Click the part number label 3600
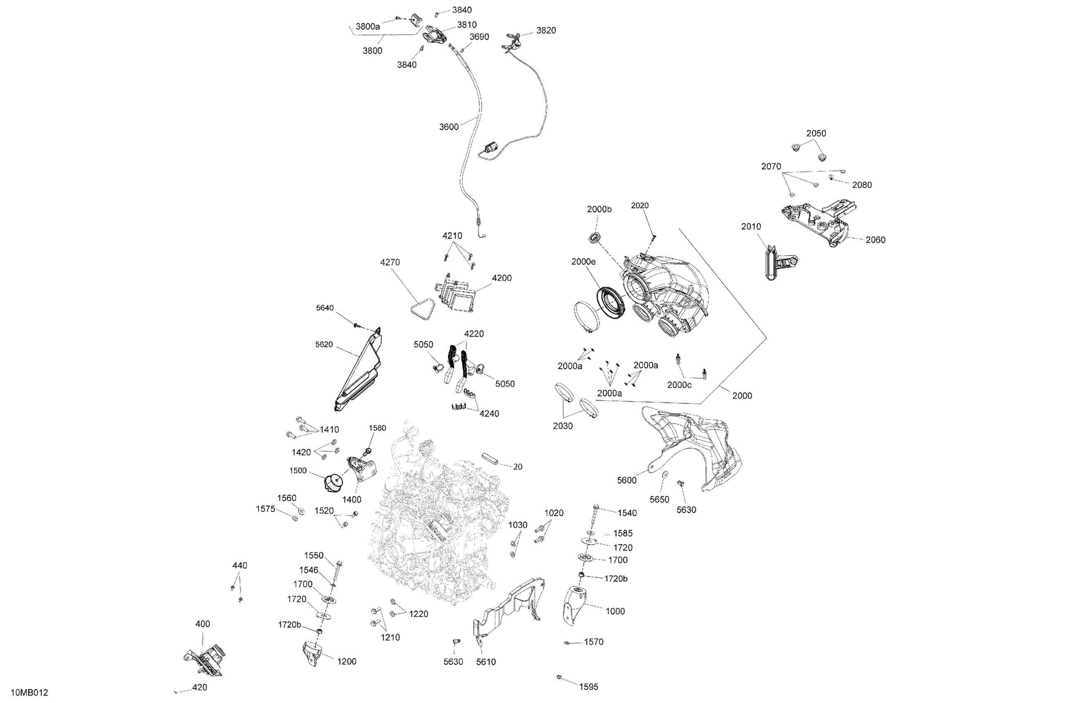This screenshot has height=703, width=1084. [448, 127]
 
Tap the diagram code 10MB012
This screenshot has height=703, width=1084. [30, 693]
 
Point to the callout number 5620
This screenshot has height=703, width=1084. [324, 345]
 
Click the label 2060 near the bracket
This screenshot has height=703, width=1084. [875, 240]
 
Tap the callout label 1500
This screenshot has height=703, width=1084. [298, 471]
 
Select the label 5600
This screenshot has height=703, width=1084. [627, 480]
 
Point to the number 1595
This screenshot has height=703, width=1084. [588, 686]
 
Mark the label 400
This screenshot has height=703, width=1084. [203, 624]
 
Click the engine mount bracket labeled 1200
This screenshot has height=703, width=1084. [312, 654]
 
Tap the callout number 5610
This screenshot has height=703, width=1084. [486, 662]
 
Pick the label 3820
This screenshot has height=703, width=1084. [546, 31]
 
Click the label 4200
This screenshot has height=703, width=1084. [501, 278]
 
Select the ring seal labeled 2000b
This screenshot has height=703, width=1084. [595, 237]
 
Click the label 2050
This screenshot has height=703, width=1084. [816, 134]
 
